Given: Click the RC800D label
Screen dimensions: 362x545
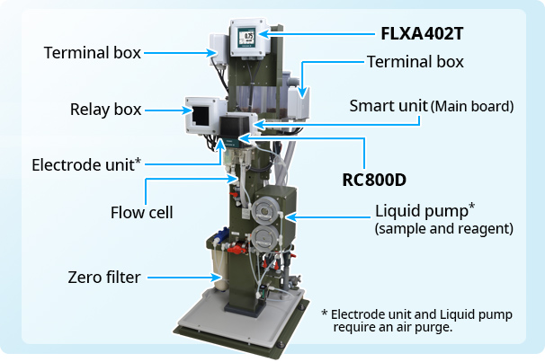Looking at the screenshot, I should coord(374,179).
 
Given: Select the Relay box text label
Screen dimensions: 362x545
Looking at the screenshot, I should coord(106,110).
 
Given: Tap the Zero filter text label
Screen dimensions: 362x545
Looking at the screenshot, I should coord(103,277).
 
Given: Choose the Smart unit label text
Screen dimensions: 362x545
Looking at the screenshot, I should coord(431,106).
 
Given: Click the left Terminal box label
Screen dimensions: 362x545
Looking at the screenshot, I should coord(92,52).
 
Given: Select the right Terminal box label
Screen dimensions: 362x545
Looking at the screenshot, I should coord(415,61).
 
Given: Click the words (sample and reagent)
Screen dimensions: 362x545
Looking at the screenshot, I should coord(443,230).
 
